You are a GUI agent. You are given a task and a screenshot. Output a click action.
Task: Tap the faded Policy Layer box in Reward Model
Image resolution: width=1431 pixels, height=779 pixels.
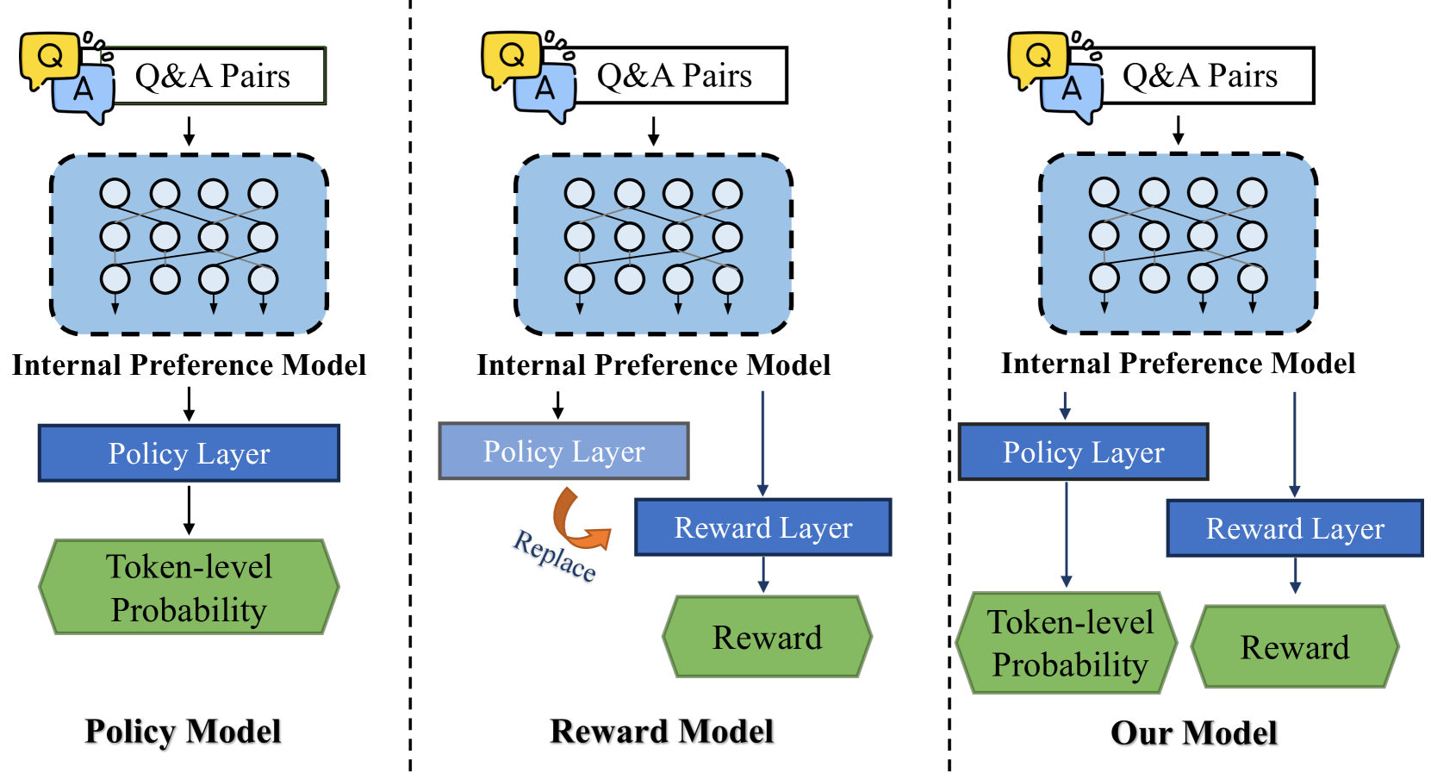coord(563,451)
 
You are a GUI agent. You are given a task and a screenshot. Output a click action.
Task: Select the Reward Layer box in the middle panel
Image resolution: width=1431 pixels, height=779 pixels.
coord(762,527)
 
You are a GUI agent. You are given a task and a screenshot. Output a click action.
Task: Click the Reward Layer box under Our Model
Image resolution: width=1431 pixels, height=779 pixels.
coord(1295,528)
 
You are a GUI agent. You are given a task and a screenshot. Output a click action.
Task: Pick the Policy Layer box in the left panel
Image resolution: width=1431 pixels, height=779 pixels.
coord(189,453)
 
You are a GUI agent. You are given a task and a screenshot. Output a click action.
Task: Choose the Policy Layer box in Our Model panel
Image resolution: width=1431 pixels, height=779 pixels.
coord(1084,452)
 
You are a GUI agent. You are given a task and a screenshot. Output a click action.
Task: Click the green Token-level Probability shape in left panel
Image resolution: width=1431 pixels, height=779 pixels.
coord(189,587)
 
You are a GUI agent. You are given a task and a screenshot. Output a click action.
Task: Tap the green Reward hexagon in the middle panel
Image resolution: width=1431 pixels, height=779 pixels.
coord(767,637)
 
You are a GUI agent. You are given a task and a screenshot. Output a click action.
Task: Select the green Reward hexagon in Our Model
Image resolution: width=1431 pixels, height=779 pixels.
coord(1295,646)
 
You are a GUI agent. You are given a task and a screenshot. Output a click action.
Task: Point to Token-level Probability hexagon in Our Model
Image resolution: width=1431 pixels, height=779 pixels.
coord(1067,643)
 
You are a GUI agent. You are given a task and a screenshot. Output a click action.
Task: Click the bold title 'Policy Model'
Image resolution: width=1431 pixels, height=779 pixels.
coord(183,731)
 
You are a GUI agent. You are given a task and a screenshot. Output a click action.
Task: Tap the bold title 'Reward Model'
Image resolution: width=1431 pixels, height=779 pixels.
coord(662,731)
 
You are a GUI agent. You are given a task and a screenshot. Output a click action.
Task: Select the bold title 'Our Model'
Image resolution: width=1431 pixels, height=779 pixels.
coord(1193,732)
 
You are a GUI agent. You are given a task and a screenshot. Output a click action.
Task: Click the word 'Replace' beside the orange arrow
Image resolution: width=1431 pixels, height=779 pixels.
coord(555,555)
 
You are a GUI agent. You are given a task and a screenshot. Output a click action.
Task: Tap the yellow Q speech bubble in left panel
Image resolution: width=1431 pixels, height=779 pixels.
coord(50,60)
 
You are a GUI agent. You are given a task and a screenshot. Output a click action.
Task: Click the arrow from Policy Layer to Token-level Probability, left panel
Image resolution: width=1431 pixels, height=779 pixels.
coord(189,510)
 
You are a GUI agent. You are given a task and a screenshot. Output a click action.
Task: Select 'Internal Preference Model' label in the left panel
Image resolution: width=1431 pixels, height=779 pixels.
coord(189,365)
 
